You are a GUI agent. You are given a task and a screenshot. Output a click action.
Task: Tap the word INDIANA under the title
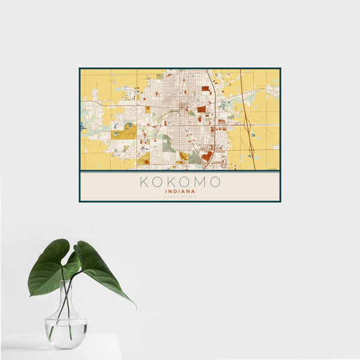coord(180,192)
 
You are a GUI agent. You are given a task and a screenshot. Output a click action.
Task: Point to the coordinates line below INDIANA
coord(180,197)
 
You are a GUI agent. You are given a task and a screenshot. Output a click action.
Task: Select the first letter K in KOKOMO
coord(144,182)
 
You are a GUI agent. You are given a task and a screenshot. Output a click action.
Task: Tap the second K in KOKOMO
coord(172,182)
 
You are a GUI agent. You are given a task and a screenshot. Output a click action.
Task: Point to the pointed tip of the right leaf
coord(134,306)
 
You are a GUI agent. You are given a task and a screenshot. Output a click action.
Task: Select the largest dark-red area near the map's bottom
coord(207,156)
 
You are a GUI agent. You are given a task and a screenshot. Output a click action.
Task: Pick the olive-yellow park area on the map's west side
coord(126,132)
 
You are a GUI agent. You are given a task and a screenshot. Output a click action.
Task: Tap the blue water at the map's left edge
coord(82,127)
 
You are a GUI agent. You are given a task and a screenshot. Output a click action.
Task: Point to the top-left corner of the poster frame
coord(79,68)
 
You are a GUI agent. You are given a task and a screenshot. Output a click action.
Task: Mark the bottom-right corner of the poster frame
coord(281,202)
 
